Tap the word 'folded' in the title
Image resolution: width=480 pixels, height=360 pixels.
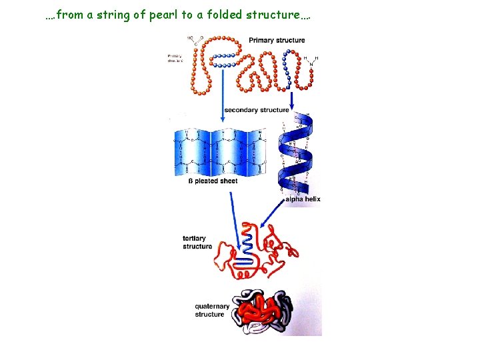231,14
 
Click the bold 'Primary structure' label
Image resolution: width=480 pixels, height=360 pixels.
277,40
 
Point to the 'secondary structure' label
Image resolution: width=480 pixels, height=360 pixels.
256,110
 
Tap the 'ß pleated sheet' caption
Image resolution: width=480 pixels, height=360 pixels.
212,181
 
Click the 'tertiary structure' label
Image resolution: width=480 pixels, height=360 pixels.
197,242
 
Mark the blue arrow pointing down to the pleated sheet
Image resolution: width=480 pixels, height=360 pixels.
221,93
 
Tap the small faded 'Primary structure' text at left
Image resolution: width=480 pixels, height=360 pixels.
175,58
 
